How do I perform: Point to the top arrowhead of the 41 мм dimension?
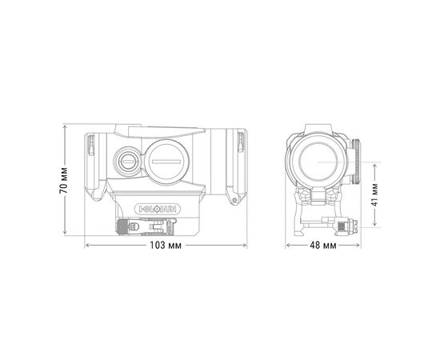374,163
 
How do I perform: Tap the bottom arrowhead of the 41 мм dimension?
374,226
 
